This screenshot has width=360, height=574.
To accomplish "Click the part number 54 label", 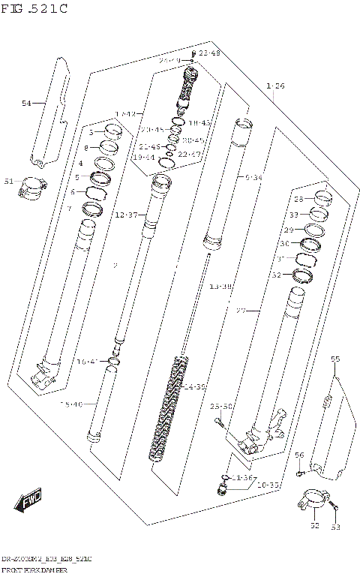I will [27, 103].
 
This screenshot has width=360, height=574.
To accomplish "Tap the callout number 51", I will [9, 182].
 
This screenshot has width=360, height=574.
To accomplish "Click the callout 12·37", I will [125, 215].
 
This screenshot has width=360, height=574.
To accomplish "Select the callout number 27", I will [241, 310].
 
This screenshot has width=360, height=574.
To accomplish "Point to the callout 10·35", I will [267, 486].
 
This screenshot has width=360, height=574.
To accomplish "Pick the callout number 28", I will [298, 199].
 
